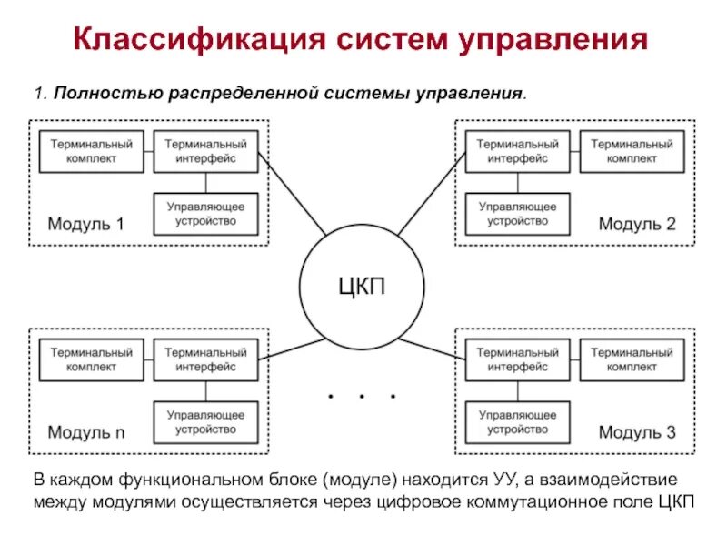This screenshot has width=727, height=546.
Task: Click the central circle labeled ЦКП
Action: tap(363, 287)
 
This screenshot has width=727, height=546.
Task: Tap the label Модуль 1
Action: tap(85, 224)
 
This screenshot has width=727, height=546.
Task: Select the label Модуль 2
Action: tap(637, 224)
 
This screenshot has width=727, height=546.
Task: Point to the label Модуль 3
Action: tap(637, 433)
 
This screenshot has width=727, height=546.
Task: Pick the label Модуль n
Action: tap(85, 433)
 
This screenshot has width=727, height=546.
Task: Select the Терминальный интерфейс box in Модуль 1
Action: tap(206, 151)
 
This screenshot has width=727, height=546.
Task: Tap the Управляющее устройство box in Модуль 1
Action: tap(206, 213)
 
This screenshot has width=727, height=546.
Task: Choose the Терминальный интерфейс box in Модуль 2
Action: tap(517, 151)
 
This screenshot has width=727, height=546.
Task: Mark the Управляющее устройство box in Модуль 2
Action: tap(517, 213)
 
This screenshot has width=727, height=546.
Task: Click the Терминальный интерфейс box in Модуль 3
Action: tap(517, 359)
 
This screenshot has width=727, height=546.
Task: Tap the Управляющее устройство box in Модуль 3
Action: tap(517, 421)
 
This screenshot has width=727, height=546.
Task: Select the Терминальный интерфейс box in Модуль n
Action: tap(206, 359)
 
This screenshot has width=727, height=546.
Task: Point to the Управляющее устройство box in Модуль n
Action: tap(206, 421)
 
